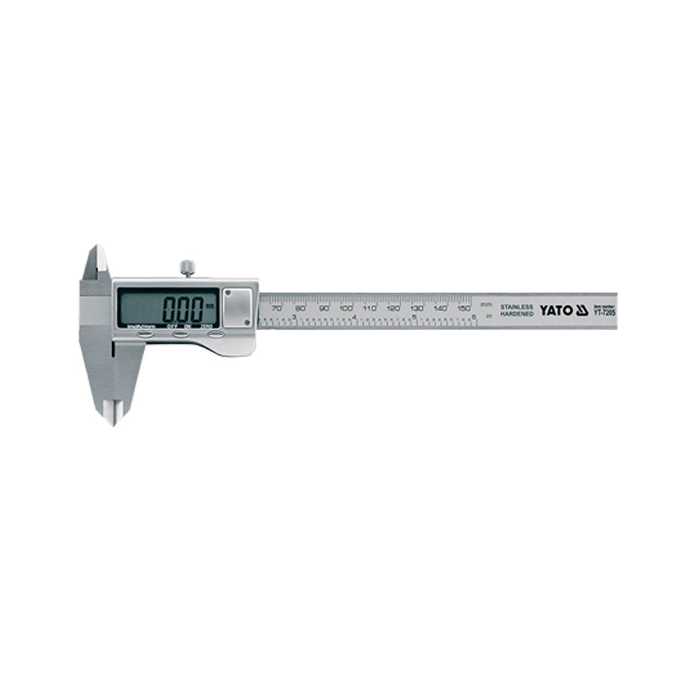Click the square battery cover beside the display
[237, 307]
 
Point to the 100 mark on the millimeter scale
[346, 308]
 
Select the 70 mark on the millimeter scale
[277, 308]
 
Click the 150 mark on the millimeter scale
[464, 308]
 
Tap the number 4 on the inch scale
[354, 317]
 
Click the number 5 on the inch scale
[413, 317]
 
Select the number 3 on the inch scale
[294, 317]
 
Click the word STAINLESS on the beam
[517, 306]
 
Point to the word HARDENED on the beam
[517, 314]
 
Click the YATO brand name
[556, 310]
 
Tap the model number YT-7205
[605, 313]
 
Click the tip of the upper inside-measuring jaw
[96, 248]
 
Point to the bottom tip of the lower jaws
[112, 423]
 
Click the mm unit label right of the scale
[486, 305]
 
